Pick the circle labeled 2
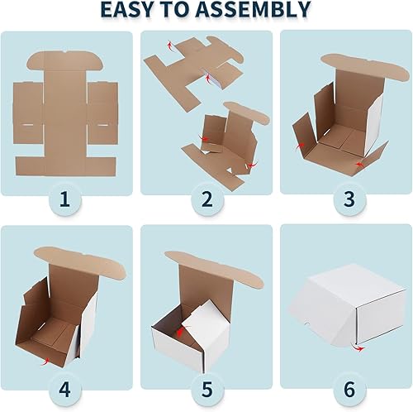[x=206, y=199]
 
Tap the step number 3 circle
[x=345, y=199]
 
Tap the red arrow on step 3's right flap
[x=358, y=166]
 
